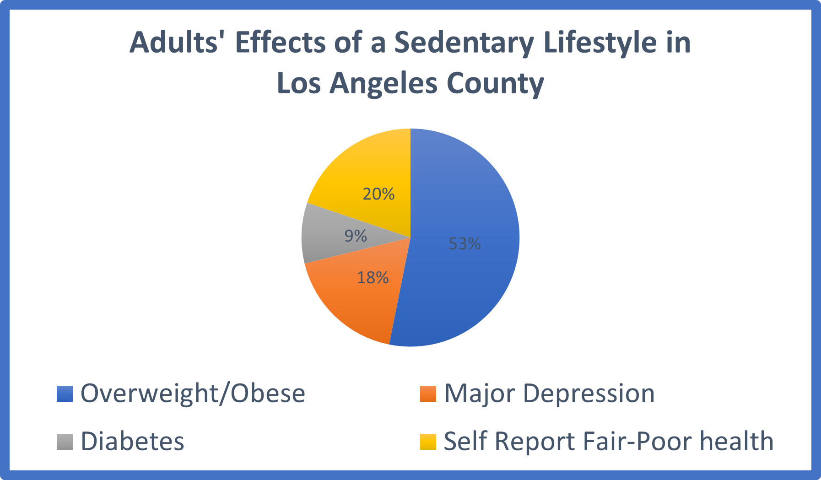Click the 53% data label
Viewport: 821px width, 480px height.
pyautogui.click(x=465, y=244)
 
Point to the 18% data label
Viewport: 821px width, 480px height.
pyautogui.click(x=373, y=278)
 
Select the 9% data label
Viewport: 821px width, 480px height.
pyautogui.click(x=356, y=236)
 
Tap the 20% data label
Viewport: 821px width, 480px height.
pyautogui.click(x=378, y=194)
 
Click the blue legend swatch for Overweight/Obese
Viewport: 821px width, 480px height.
pyautogui.click(x=65, y=394)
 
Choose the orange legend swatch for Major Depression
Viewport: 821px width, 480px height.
pyautogui.click(x=428, y=394)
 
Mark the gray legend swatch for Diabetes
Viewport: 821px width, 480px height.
pyautogui.click(x=65, y=442)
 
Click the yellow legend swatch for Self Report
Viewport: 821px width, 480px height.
pyautogui.click(x=428, y=442)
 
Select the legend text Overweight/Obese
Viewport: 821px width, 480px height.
pyautogui.click(x=193, y=394)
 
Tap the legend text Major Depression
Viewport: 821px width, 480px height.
pyautogui.click(x=549, y=394)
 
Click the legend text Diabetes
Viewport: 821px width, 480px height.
pyautogui.click(x=132, y=442)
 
